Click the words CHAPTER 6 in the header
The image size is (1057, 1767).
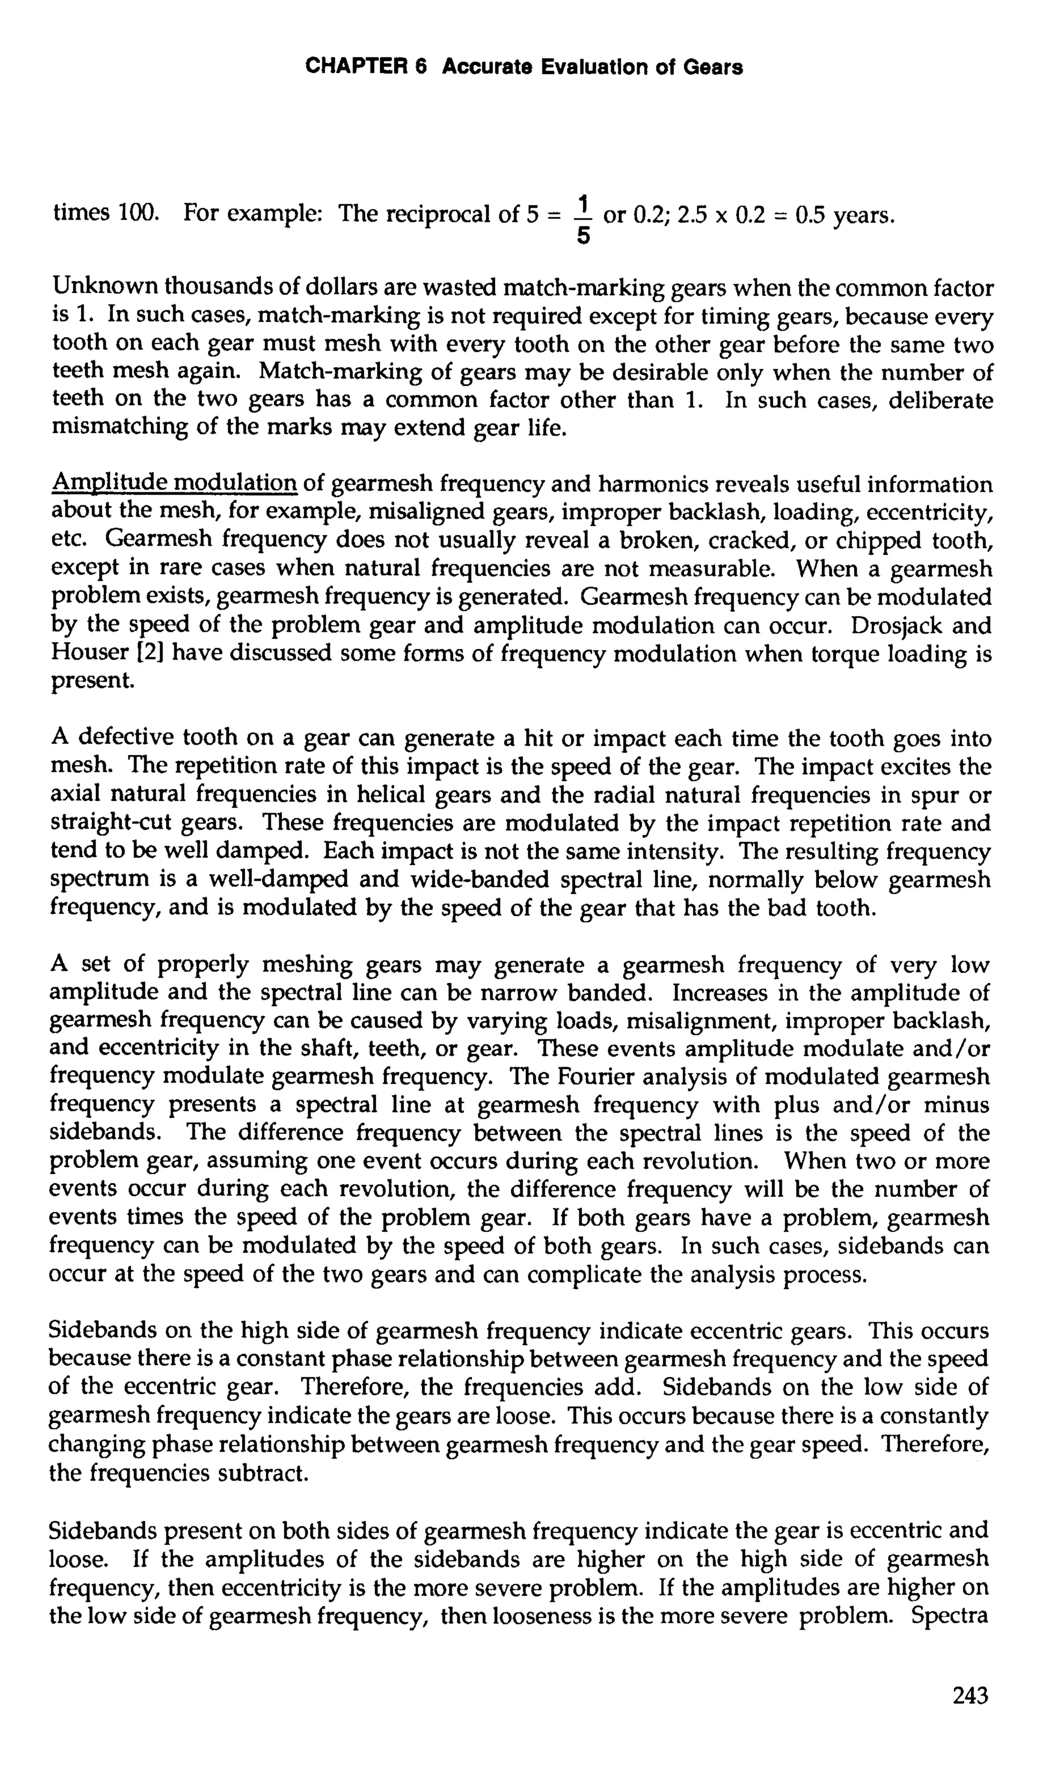pos(365,68)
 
